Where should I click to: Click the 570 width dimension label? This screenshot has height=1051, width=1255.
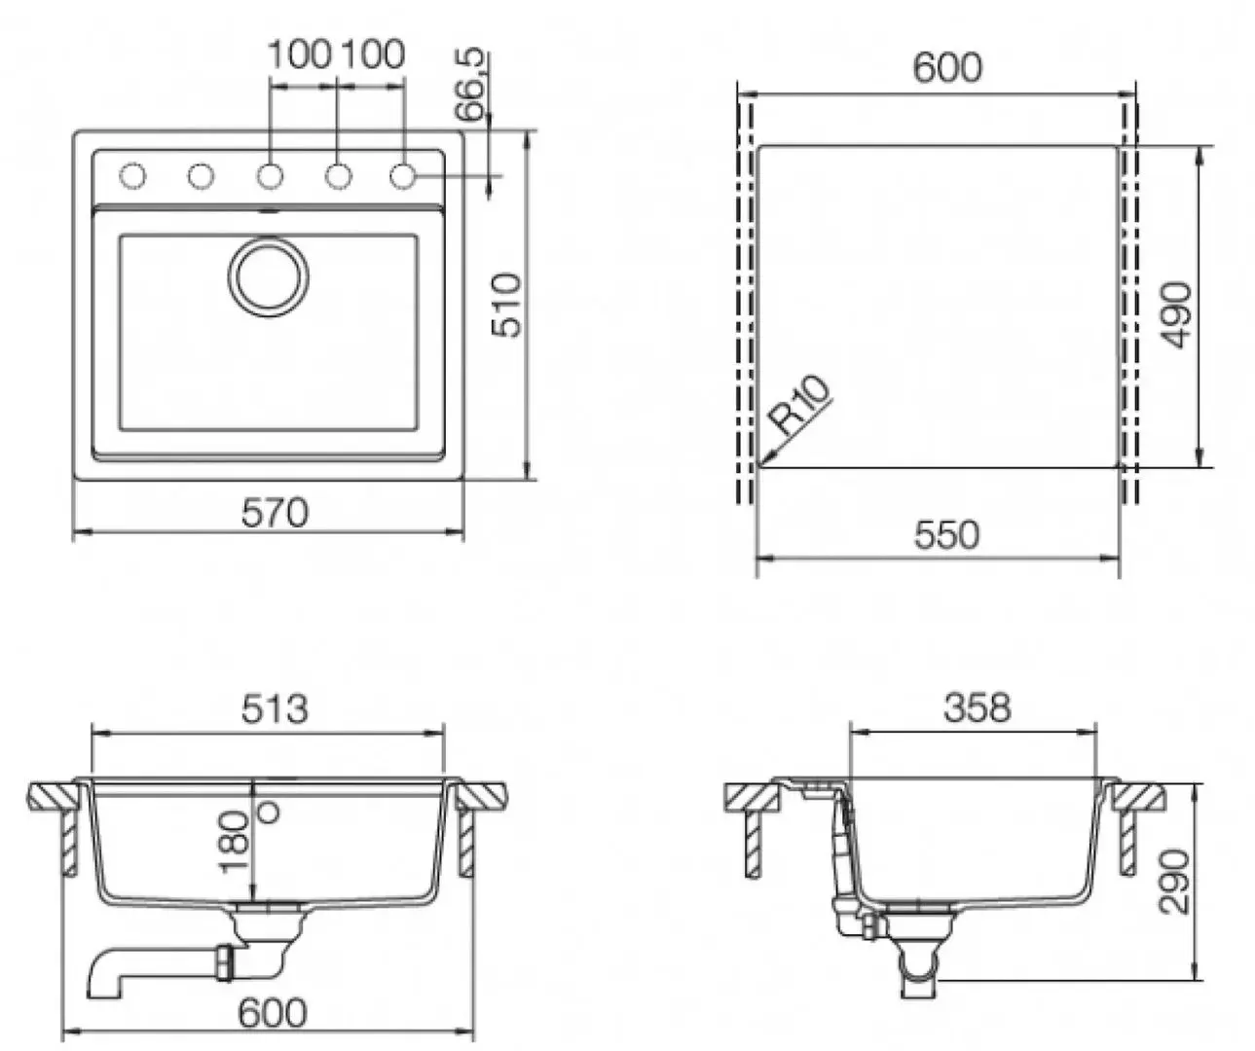tap(274, 512)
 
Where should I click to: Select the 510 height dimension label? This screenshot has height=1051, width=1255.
tap(507, 306)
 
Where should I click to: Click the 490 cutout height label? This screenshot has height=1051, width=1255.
tap(1176, 314)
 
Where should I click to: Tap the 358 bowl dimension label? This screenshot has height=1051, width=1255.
tap(977, 707)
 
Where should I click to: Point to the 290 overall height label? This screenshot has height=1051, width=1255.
tap(1175, 881)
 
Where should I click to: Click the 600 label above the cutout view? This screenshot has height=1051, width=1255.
tap(947, 67)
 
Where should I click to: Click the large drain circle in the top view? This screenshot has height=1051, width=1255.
tap(269, 276)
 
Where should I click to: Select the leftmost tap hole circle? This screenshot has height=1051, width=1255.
tap(132, 176)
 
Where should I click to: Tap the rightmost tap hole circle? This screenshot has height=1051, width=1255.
tap(403, 176)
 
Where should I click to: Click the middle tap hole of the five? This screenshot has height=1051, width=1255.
tap(270, 176)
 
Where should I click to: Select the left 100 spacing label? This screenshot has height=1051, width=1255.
tap(301, 54)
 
